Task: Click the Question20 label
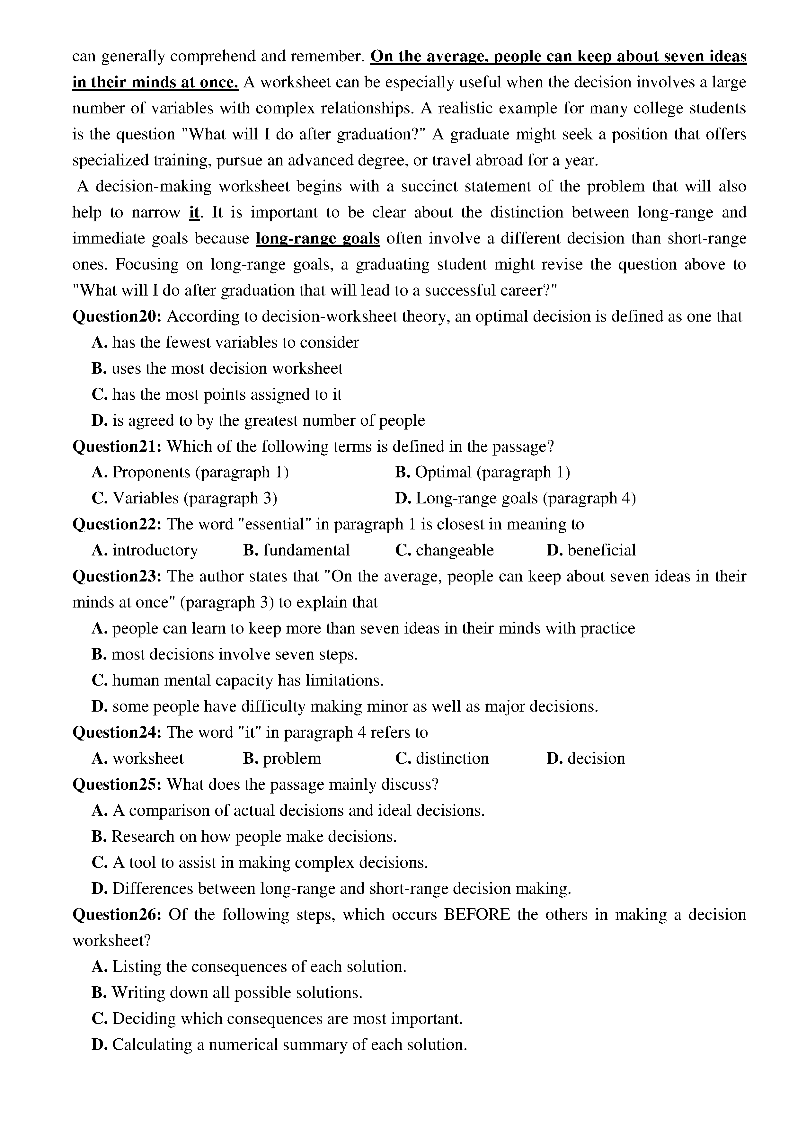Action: click(x=117, y=316)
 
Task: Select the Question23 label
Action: click(x=117, y=576)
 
